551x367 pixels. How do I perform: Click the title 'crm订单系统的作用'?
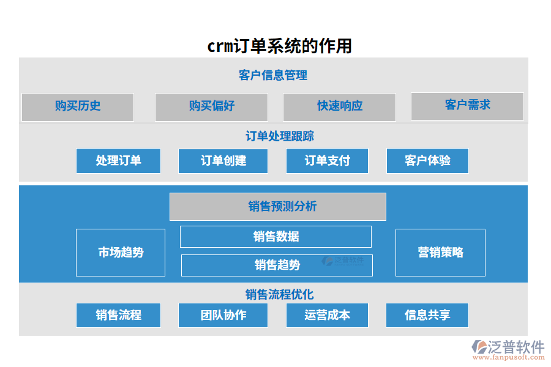(279, 46)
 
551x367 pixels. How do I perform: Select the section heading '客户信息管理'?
(273, 75)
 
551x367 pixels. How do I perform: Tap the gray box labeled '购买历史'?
(78, 106)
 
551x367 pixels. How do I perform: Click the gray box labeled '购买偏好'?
(211, 106)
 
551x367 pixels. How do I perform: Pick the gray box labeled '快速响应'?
(339, 106)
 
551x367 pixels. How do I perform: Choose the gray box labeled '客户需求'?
(467, 106)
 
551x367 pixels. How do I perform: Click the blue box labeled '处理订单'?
(118, 161)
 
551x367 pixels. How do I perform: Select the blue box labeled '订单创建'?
(223, 161)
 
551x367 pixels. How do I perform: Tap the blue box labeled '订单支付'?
(327, 161)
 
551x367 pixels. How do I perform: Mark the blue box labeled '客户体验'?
(427, 161)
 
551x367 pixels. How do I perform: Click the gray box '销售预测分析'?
(277, 207)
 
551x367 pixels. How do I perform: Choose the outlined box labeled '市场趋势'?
(121, 253)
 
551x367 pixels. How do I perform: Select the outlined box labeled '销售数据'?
(275, 237)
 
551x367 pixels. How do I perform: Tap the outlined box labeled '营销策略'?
(440, 253)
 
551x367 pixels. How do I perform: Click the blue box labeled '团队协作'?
(223, 315)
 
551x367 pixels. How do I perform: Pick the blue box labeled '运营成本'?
(327, 315)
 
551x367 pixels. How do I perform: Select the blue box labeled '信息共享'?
(427, 315)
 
